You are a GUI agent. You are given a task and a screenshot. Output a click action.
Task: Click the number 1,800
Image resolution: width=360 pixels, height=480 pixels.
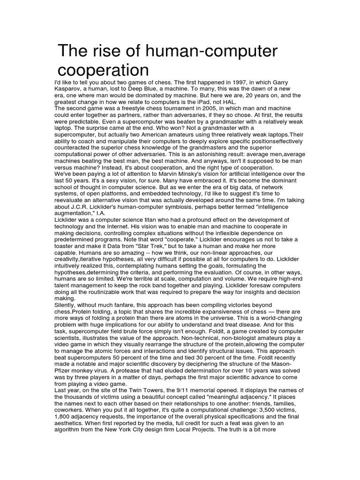tap(65, 423)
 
